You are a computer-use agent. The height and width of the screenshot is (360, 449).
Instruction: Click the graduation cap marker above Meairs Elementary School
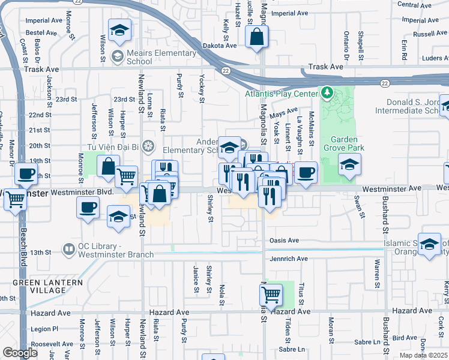click(x=120, y=31)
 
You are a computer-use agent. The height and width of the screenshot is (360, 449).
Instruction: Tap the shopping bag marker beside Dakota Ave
click(x=257, y=37)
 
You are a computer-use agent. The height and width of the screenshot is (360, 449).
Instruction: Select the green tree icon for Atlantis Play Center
click(x=327, y=93)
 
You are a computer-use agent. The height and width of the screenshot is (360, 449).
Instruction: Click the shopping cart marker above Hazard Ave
click(x=271, y=295)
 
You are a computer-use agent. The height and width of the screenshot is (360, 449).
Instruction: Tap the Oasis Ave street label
click(x=285, y=241)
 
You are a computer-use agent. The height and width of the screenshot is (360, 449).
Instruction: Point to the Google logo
click(x=20, y=353)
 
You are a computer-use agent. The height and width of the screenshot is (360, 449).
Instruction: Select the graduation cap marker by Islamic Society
click(x=429, y=244)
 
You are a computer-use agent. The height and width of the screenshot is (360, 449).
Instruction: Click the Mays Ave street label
click(x=284, y=113)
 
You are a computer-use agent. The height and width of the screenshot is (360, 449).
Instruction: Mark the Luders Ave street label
click(x=432, y=58)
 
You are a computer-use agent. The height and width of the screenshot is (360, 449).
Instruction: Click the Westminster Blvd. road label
click(x=82, y=192)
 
